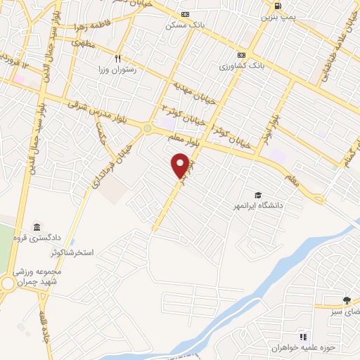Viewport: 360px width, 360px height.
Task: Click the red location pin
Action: [x=181, y=165]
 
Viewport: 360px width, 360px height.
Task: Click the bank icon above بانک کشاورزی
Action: [x=241, y=55]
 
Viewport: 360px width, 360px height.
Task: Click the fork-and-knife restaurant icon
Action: [x=118, y=59]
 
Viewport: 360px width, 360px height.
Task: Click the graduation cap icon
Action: [x=258, y=195]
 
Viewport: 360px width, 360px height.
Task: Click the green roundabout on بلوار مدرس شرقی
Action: [x=148, y=128]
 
